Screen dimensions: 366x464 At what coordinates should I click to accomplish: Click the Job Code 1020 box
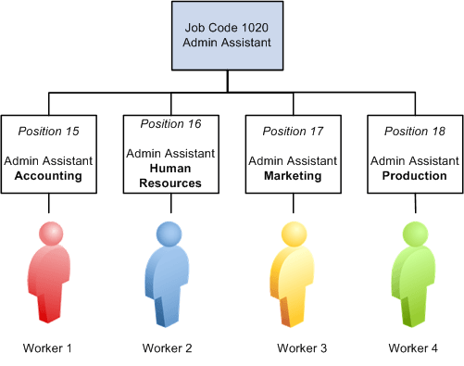tap(227, 37)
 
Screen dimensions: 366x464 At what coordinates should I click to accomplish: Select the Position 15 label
tap(48, 131)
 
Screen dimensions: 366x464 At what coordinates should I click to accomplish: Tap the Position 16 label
tap(170, 123)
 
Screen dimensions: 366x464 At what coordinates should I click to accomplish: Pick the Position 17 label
tap(293, 131)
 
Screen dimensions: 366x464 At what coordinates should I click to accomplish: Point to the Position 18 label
tap(415, 131)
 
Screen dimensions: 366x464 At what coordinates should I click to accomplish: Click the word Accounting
tap(48, 175)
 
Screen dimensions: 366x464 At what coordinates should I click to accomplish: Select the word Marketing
tap(293, 175)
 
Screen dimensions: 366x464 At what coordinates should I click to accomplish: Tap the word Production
tap(415, 175)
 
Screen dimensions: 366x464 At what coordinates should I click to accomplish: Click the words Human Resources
tap(170, 175)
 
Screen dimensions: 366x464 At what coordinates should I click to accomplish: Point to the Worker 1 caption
tap(48, 348)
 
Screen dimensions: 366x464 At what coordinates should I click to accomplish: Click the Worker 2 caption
tap(168, 348)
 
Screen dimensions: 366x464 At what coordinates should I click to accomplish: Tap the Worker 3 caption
tap(302, 348)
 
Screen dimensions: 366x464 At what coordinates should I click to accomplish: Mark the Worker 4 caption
tap(413, 348)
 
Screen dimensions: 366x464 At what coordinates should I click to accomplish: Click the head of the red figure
tap(50, 233)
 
